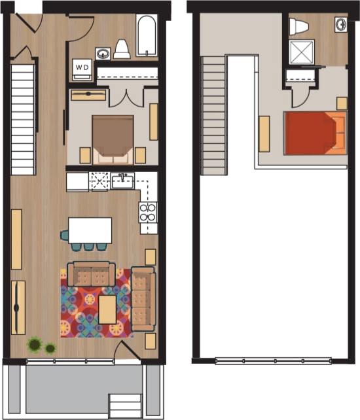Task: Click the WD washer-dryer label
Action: (82, 66)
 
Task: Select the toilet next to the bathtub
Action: (121, 49)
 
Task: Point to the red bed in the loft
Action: (314, 133)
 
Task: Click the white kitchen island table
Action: (90, 230)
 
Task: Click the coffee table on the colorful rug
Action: (107, 309)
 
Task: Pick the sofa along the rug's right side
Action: (143, 299)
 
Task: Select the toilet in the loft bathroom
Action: (298, 26)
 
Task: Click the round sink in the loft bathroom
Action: (340, 25)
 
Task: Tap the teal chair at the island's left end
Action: (65, 234)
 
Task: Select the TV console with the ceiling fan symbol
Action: (18, 307)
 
